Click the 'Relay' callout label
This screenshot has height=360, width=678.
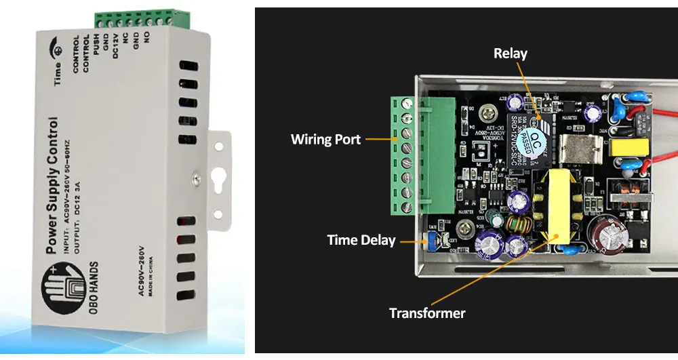pos(511,53)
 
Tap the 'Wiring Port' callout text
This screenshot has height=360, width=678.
pos(325,140)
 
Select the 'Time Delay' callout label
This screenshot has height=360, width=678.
pos(361,240)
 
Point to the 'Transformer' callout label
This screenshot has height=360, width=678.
pos(427,313)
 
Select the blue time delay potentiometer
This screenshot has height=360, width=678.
pos(428,239)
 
